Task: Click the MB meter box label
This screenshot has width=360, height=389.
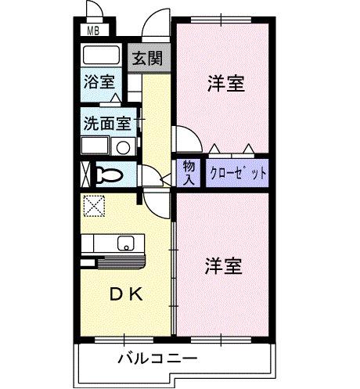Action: (93, 32)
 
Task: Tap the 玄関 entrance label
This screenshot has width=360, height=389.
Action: (146, 59)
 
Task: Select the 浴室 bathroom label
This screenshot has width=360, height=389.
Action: (99, 81)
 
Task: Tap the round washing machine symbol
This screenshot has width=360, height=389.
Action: (122, 147)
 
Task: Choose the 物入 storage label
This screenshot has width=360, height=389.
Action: (189, 171)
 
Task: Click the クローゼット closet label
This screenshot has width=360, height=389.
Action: (238, 172)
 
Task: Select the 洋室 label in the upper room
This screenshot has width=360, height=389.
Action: (225, 84)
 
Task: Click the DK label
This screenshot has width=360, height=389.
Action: (125, 294)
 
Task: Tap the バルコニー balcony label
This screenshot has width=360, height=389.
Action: (157, 359)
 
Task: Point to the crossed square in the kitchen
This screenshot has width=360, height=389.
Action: (94, 206)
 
